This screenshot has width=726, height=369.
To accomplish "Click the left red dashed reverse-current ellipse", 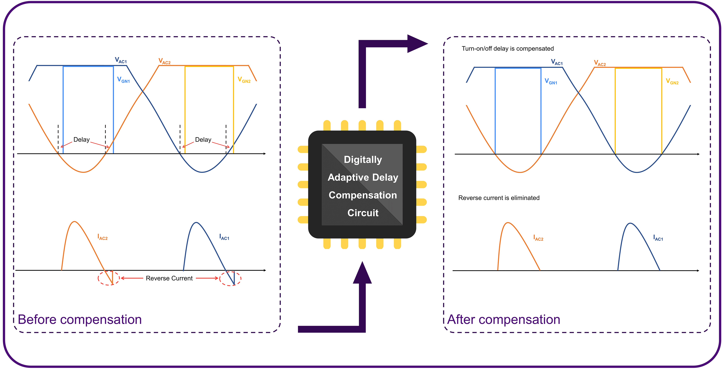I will click(x=109, y=278).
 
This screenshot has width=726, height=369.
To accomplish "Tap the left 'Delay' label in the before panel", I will click(x=82, y=140).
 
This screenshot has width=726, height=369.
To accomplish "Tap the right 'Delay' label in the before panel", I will click(x=203, y=140).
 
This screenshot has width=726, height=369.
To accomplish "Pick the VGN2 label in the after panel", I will click(x=672, y=82).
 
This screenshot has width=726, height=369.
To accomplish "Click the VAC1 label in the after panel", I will click(x=557, y=62).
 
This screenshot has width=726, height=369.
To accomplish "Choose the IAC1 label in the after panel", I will click(x=658, y=238).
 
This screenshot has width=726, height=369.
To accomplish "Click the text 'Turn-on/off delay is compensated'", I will click(x=508, y=49).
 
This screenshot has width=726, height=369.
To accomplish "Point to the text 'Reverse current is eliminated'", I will click(x=499, y=198).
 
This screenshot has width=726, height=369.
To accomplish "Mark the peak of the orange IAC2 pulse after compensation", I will click(x=508, y=223).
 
